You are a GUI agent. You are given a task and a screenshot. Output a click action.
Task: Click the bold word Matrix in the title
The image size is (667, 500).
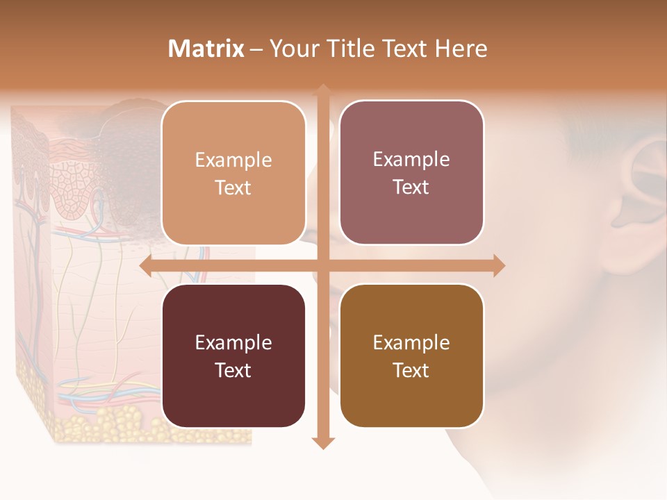(x=206, y=49)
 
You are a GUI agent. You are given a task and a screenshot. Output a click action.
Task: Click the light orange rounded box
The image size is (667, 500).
(x=233, y=173)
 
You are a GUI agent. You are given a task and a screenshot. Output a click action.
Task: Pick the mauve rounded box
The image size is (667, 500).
(x=411, y=173)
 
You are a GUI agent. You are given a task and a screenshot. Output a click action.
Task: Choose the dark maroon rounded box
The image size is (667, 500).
(x=233, y=356)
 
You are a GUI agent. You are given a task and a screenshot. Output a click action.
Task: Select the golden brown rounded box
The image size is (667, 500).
(x=411, y=356)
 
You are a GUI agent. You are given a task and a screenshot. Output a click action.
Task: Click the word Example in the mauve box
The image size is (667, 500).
(x=411, y=160)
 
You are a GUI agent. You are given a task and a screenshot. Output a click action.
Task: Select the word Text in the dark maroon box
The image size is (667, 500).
(x=233, y=370)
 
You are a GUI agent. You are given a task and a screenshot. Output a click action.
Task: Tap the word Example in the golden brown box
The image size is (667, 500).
(x=411, y=342)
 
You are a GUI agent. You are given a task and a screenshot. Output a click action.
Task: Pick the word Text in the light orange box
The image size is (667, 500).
(x=233, y=187)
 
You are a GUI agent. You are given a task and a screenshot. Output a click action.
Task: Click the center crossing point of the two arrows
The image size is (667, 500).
(x=322, y=266)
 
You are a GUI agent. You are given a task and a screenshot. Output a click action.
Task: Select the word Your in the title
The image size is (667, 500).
(x=291, y=49)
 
